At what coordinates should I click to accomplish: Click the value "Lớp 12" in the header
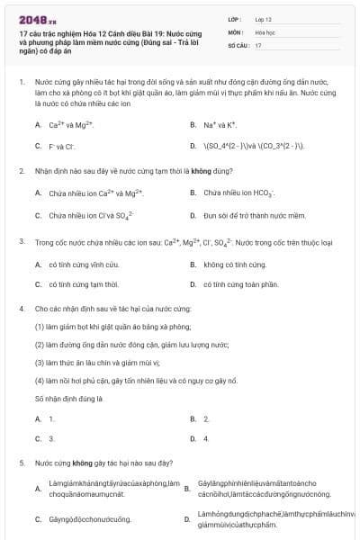(263, 18)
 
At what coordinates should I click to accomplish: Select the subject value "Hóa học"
(264, 31)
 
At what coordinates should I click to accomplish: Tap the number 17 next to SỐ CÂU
(258, 44)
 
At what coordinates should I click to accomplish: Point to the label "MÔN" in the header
(235, 31)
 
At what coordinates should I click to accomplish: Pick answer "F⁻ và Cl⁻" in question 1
(60, 145)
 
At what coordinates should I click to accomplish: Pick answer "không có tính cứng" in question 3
(235, 265)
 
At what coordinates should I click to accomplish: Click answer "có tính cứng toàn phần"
(238, 284)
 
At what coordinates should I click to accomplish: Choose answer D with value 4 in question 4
(206, 438)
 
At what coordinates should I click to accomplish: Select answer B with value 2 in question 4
(206, 418)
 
